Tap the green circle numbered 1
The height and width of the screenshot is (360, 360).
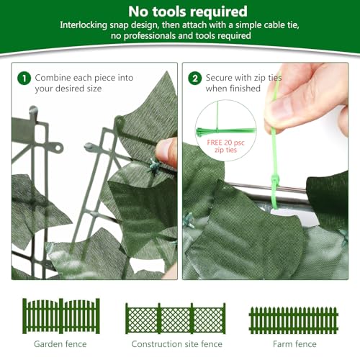pyautogui.click(x=23, y=77)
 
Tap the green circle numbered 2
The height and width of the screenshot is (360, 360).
pyautogui.click(x=194, y=77)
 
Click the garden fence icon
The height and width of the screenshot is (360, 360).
pyautogui.click(x=60, y=315)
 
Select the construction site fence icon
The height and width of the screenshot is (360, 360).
pyautogui.click(x=176, y=318)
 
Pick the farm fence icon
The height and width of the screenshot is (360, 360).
pyautogui.click(x=293, y=319)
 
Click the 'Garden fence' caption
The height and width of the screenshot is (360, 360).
pyautogui.click(x=60, y=344)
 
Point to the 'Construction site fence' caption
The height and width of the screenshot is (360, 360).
pyautogui.click(x=176, y=344)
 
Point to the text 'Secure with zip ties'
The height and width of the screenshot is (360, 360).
pyautogui.click(x=243, y=77)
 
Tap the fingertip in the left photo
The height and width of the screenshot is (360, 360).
pyautogui.click(x=167, y=152)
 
